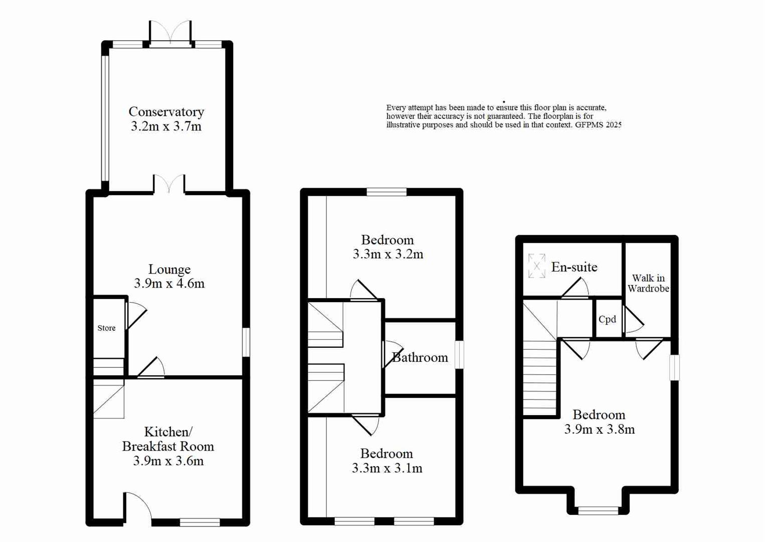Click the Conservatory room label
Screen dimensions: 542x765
(166, 111)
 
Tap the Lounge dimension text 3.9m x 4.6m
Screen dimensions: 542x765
(169, 284)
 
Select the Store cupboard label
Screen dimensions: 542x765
(106, 328)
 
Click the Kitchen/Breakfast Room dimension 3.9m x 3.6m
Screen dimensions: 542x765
(168, 461)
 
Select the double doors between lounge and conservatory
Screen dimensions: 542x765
(169, 184)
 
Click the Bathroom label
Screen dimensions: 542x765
(420, 357)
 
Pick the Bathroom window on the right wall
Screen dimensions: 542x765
(459, 355)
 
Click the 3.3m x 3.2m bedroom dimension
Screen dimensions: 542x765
(388, 254)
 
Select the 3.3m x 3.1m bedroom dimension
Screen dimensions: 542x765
(387, 468)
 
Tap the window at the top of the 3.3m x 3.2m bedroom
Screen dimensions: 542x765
(387, 192)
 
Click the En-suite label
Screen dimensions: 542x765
(574, 267)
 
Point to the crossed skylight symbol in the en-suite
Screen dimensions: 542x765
(536, 265)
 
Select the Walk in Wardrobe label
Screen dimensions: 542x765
(648, 284)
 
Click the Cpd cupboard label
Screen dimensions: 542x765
(607, 320)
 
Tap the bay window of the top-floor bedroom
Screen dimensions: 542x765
(598, 510)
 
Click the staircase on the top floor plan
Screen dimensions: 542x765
(540, 376)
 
